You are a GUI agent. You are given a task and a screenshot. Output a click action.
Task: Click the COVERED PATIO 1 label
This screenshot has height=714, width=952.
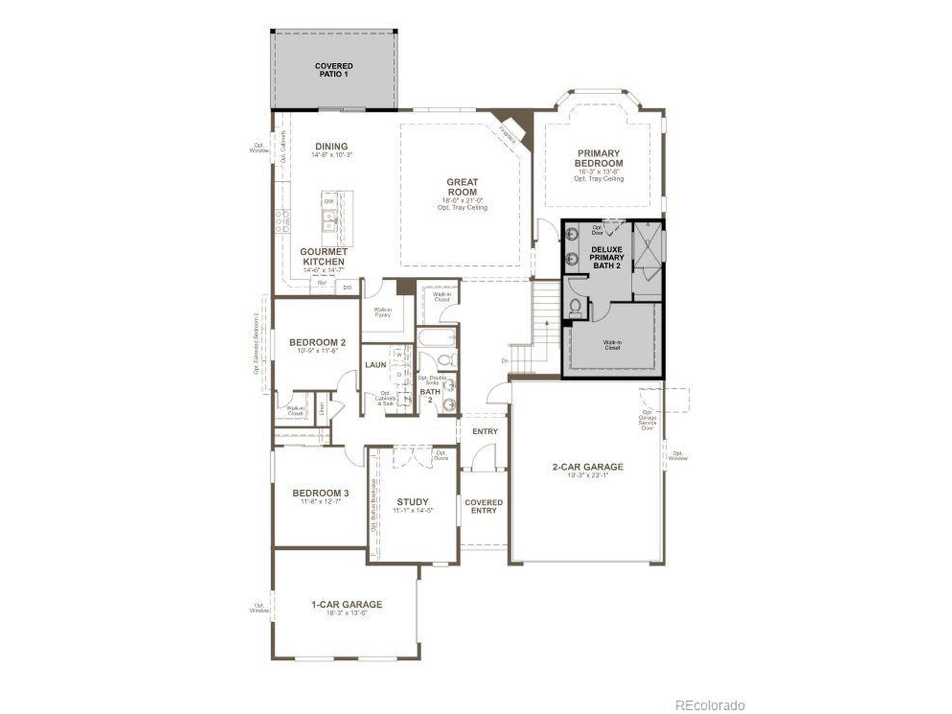334,70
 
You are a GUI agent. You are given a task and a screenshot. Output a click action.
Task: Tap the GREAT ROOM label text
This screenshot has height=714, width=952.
462,187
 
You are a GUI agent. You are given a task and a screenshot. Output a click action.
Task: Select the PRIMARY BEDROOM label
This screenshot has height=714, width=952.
599,158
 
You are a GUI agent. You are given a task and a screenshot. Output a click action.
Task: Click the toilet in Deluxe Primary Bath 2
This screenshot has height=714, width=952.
575,306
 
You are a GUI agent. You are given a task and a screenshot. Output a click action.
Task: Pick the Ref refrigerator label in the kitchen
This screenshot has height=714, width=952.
322,283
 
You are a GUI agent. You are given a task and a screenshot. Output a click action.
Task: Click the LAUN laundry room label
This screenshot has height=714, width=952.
375,365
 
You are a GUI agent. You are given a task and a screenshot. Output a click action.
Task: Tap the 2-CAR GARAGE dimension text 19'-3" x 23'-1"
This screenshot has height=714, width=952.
588,476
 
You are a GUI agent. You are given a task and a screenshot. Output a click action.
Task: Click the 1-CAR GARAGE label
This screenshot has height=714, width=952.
347,604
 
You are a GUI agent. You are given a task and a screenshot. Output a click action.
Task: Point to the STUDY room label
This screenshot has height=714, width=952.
412,502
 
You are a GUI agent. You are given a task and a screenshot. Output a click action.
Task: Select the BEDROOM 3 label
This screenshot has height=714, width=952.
320,493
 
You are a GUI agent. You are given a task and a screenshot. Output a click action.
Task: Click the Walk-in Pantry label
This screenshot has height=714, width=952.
382,312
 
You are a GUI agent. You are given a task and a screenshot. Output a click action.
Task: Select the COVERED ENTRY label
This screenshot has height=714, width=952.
484,506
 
